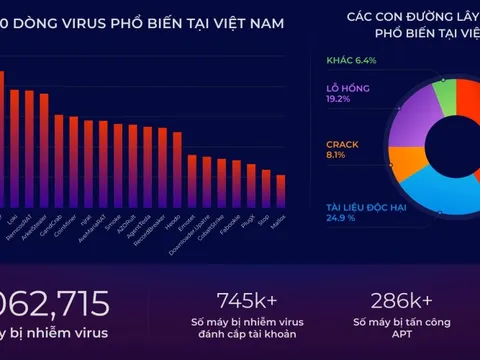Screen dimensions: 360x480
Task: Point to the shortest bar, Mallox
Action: click(281, 191)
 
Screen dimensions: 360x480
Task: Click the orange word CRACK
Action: click(342, 143)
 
